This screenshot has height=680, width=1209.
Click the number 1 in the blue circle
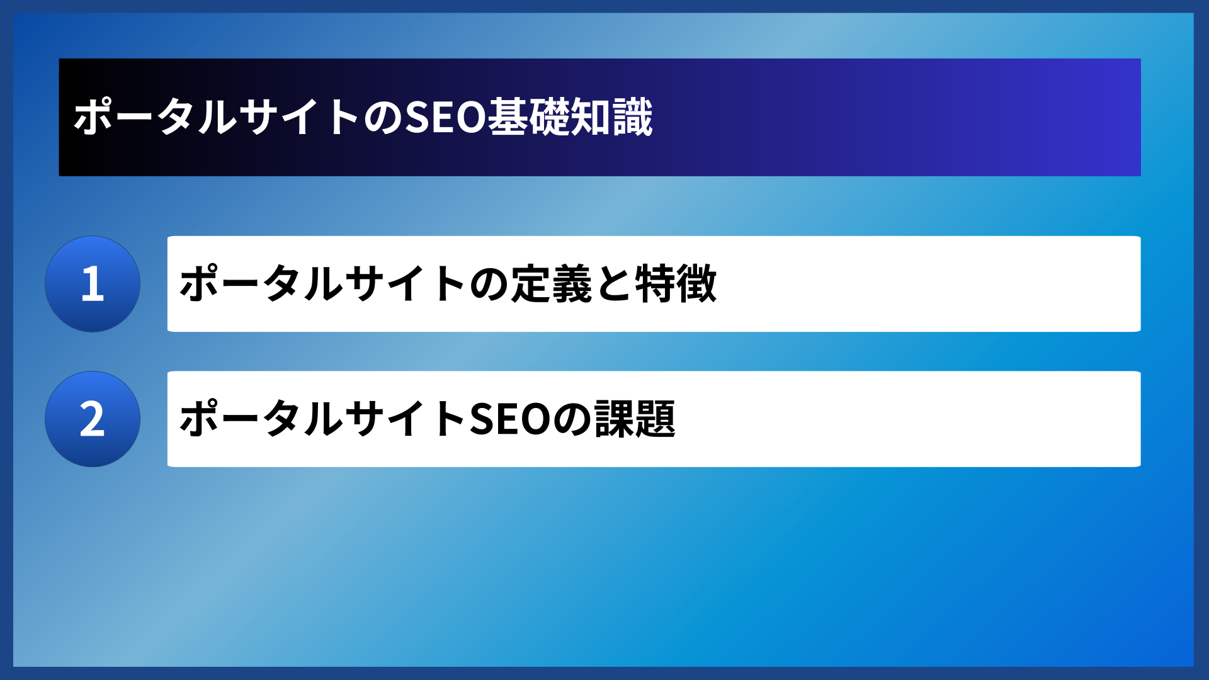pos(93,284)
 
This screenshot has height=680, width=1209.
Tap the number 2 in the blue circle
pos(93,419)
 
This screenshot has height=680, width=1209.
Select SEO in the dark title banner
pos(445,117)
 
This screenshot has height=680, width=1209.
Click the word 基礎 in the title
pos(528,117)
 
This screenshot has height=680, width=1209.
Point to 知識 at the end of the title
pos(611,117)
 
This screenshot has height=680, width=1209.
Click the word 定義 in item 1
pos(551,284)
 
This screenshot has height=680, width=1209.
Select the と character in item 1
pos(613,284)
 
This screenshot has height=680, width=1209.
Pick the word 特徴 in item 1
pos(676,284)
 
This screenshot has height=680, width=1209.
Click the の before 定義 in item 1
pos(489,284)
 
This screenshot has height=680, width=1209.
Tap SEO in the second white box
pos(510,419)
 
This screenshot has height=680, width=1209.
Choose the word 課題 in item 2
pos(635,419)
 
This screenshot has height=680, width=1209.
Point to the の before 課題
pos(572,419)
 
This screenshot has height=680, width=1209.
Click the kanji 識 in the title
pos(632,117)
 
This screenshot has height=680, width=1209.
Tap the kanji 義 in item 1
pos(572,284)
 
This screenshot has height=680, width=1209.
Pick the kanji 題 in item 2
pos(656,419)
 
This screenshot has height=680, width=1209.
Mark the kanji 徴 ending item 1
pos(696,284)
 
